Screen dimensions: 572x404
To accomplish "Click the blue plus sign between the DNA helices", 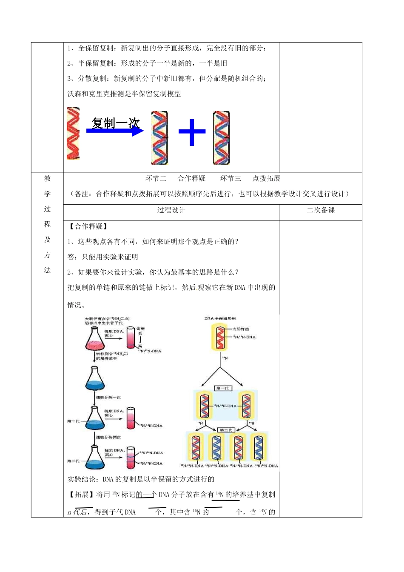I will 192,132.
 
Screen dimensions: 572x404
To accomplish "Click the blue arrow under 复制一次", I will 115,131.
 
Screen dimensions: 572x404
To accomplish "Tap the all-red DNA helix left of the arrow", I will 73,134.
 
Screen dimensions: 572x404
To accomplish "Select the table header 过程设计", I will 171,210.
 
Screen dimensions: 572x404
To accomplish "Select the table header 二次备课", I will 321,210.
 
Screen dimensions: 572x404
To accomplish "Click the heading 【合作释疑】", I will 88,226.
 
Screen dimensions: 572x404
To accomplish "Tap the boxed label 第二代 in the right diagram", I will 226,430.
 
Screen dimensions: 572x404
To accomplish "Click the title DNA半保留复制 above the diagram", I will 220,318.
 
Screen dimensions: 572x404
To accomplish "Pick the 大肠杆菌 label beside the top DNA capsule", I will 241,329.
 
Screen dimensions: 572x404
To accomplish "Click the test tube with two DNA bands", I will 131,458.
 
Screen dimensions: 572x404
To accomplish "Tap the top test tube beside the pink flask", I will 130,337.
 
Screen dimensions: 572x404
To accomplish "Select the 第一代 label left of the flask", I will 73,421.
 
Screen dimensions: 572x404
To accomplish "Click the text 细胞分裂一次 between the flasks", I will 108,397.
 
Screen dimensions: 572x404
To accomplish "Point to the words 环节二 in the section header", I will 156,179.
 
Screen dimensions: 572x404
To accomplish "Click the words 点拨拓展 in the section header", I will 266,179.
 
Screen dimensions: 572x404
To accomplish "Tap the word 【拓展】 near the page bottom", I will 82,495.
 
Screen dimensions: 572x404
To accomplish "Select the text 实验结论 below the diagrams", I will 82,479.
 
